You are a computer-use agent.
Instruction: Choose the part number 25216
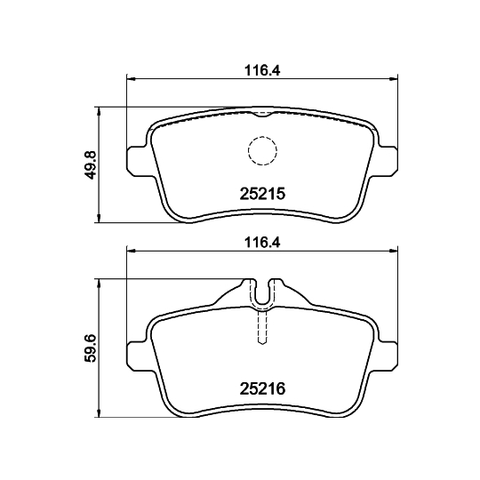261,387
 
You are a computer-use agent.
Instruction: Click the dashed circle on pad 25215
261,150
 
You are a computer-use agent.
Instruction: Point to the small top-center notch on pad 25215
260,114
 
